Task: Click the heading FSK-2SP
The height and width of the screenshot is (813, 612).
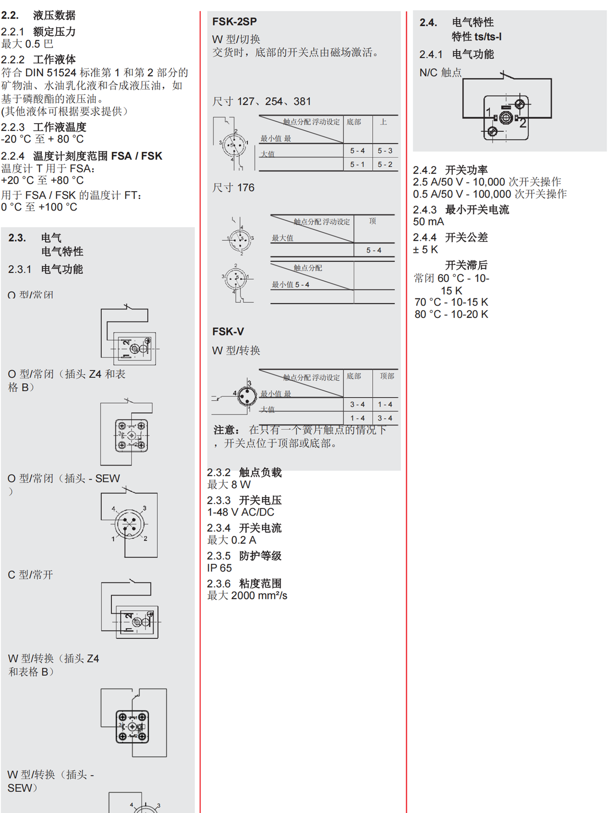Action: click(x=234, y=21)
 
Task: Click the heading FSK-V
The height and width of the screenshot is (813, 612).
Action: click(x=228, y=331)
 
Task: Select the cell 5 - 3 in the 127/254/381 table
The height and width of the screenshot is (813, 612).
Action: click(x=385, y=151)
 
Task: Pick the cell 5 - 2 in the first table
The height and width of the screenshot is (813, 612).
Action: click(x=385, y=164)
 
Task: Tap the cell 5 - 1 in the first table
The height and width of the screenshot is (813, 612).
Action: click(x=357, y=164)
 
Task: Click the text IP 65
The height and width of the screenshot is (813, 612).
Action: click(x=219, y=568)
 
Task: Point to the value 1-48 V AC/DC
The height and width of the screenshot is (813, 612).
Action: click(x=240, y=512)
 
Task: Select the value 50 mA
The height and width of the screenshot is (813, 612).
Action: click(x=428, y=221)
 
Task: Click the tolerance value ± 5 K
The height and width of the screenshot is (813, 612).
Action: click(x=425, y=249)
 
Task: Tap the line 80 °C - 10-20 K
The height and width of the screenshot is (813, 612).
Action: click(x=451, y=314)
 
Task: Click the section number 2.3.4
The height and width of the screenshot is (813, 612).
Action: click(x=219, y=528)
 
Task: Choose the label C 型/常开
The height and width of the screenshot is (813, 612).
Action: click(x=30, y=575)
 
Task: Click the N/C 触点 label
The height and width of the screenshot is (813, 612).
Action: click(x=440, y=72)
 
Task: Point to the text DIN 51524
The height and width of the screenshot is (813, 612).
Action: click(x=51, y=72)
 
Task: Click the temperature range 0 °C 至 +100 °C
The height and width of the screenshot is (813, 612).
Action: click(x=39, y=207)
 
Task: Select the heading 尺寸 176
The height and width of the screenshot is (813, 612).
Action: click(x=233, y=187)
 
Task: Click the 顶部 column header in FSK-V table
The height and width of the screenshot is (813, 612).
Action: click(x=387, y=376)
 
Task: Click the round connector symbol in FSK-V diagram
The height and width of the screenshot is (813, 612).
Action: click(x=247, y=396)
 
